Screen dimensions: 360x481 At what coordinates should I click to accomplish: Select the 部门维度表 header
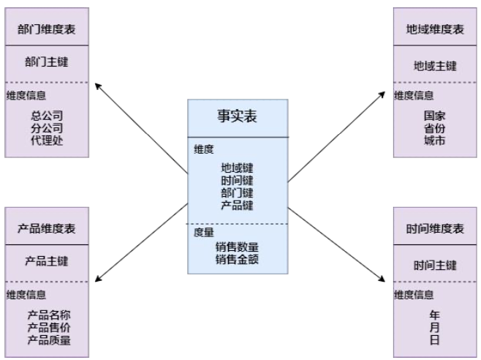[47, 29]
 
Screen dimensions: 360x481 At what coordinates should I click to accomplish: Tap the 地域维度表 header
[435, 29]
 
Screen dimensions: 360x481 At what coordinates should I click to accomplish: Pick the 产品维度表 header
[47, 228]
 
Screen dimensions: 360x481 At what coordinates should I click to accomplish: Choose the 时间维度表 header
[435, 228]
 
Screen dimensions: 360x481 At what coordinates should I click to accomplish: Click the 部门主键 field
[47, 64]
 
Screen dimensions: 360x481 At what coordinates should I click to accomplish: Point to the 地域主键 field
[435, 66]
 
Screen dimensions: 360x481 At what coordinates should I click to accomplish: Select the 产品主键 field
[47, 262]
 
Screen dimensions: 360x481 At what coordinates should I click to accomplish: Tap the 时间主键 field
[435, 265]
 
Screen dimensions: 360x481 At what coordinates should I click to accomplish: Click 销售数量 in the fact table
[237, 247]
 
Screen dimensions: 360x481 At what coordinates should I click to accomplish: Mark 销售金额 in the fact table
[237, 259]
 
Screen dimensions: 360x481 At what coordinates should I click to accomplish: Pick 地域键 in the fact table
[237, 168]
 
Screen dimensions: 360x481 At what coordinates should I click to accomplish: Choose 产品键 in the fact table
[237, 206]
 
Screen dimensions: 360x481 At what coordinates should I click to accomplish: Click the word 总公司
[47, 116]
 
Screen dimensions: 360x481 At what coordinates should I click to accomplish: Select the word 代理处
[47, 140]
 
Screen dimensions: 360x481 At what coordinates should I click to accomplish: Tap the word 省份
[435, 128]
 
